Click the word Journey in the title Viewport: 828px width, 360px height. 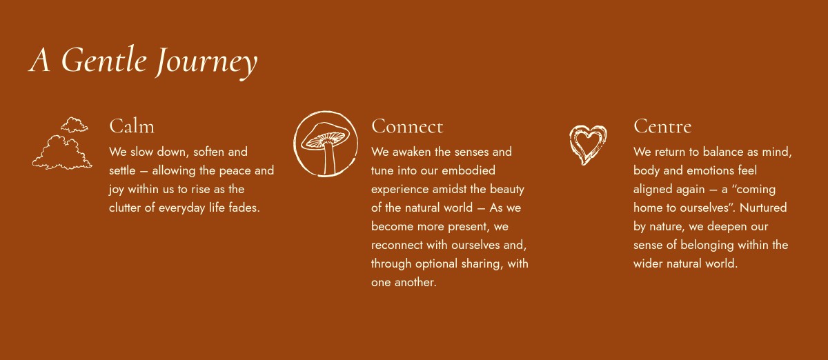[x=206, y=62]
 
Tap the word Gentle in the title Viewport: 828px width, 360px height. [x=104, y=59]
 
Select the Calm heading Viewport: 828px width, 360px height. [x=132, y=126]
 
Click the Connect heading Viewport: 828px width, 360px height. [x=407, y=126]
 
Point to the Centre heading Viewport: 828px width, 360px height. [x=662, y=126]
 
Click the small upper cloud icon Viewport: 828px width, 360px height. [x=75, y=125]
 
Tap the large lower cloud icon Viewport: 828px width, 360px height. [x=62, y=152]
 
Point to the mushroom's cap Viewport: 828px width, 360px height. [x=325, y=136]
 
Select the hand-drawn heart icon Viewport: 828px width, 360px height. [x=588, y=145]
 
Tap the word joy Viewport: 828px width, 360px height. [x=117, y=190]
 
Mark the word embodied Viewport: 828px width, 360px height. [x=469, y=170]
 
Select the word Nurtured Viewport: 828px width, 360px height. [x=763, y=208]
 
